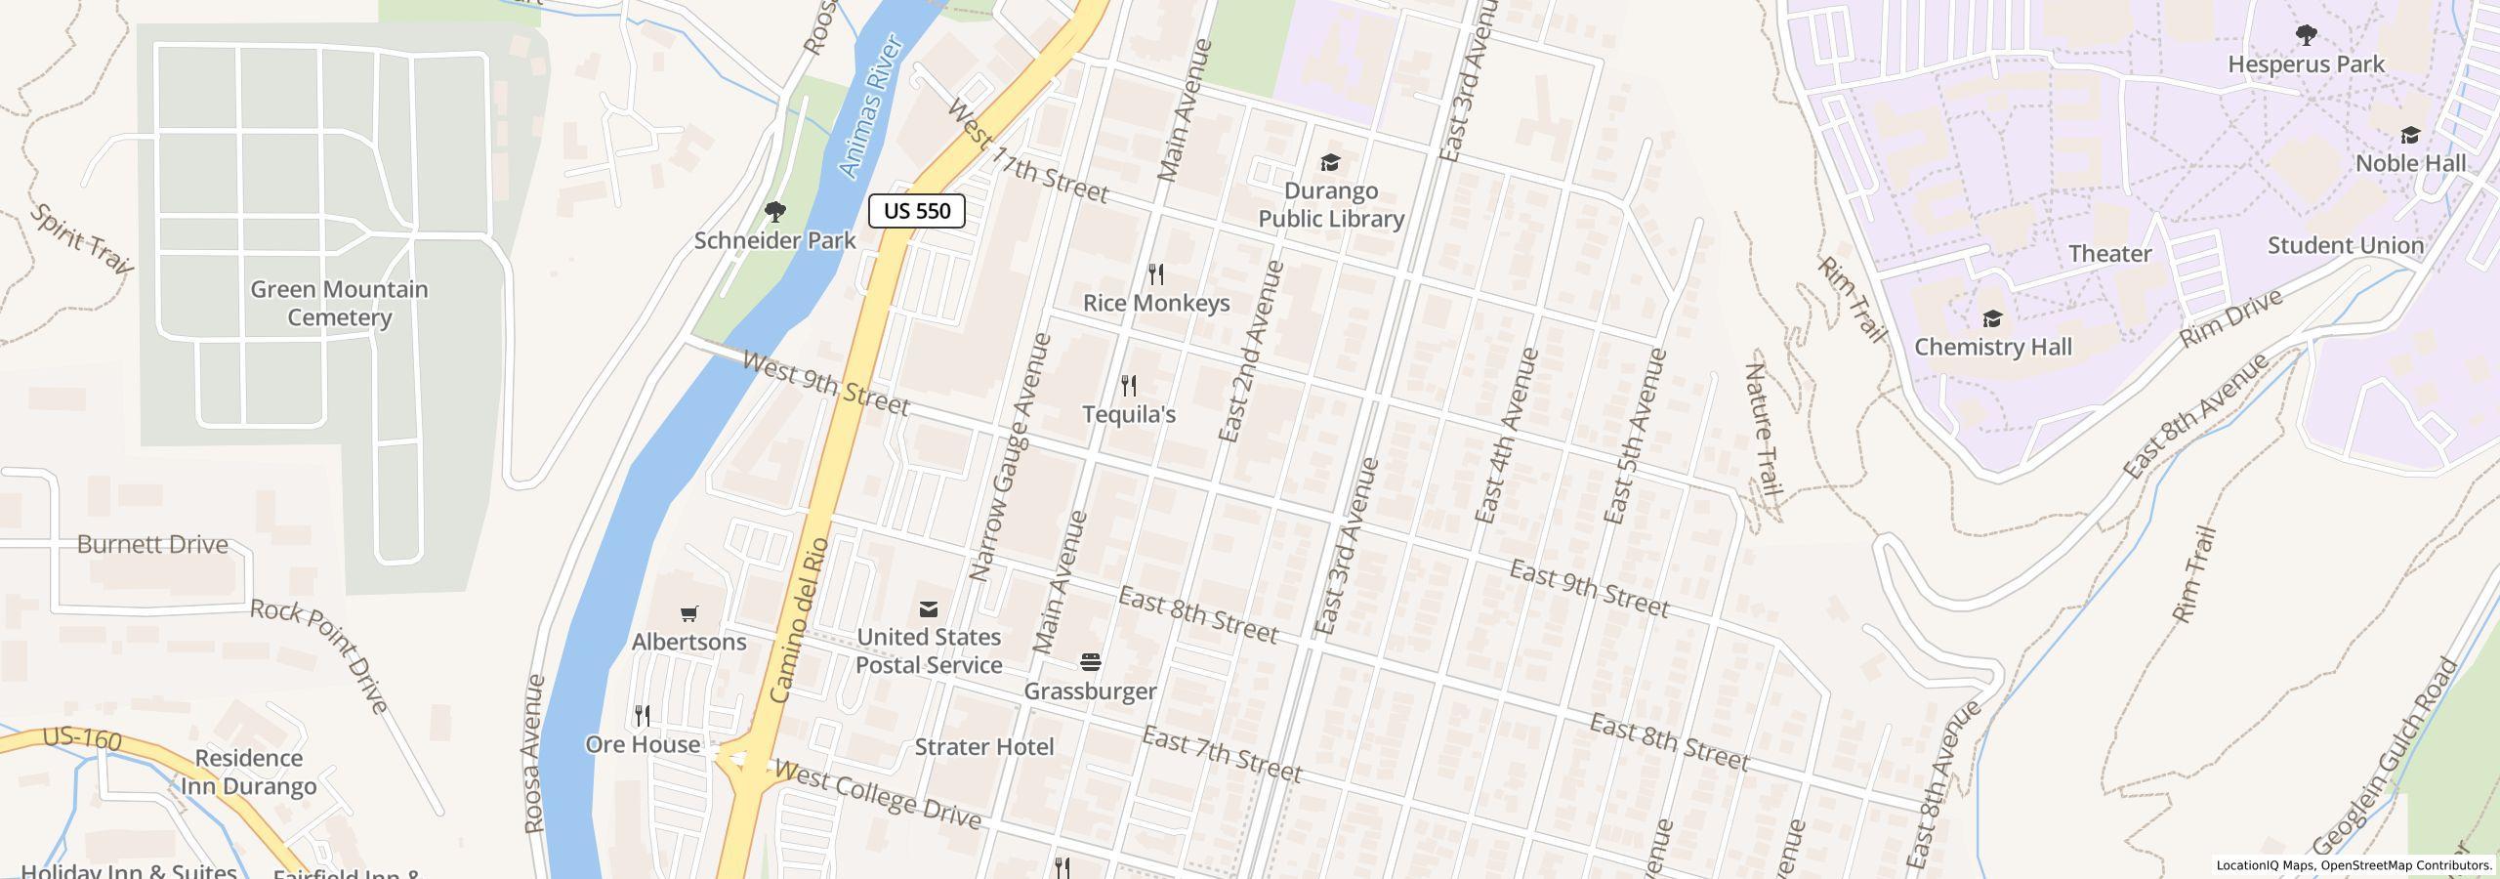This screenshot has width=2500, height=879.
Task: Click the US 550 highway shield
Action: pos(916,211)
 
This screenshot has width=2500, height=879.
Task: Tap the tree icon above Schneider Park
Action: pos(775,211)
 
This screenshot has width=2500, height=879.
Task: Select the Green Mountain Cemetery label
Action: pos(339,303)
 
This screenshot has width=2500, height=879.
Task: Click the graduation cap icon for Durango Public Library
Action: pos(1330,162)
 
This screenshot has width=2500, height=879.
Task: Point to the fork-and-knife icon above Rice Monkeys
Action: pos(1156,273)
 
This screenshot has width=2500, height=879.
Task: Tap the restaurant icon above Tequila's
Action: pos(1129,385)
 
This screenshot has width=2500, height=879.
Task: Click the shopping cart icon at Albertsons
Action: pos(689,613)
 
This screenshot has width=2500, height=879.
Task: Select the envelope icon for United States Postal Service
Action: pos(929,608)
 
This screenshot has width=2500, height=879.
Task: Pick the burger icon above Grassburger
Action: pos(1091,662)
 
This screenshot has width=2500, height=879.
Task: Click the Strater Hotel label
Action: pos(984,747)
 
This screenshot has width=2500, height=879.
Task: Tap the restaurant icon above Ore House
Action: pos(643,715)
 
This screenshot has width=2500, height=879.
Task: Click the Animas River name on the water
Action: pos(870,107)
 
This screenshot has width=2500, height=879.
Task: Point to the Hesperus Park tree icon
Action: pos(2307,36)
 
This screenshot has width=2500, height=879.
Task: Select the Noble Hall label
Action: pos(2410,163)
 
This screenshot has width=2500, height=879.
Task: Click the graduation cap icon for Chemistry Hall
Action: pos(1992,318)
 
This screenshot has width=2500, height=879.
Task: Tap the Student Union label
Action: pos(2346,245)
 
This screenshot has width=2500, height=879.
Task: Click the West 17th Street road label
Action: pos(1027,153)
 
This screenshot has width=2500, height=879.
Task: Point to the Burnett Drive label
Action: pos(152,544)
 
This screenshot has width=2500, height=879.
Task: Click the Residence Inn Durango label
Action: pos(249,772)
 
